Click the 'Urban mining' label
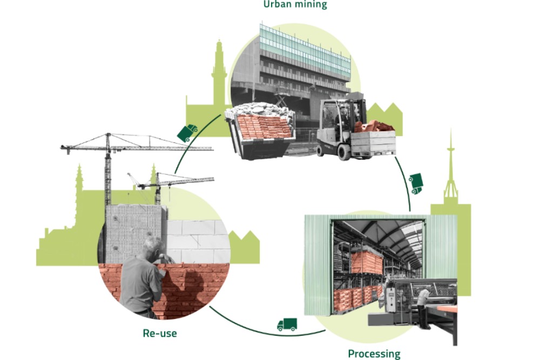click(295, 4)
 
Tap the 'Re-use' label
click(160, 333)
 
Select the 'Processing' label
click(374, 354)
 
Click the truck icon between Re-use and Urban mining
click(187, 133)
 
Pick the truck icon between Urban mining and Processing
click(416, 184)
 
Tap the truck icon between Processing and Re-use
click(287, 324)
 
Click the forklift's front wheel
click(343, 152)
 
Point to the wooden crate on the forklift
click(373, 142)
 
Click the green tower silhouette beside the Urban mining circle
click(219, 74)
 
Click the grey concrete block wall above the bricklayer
click(135, 232)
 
